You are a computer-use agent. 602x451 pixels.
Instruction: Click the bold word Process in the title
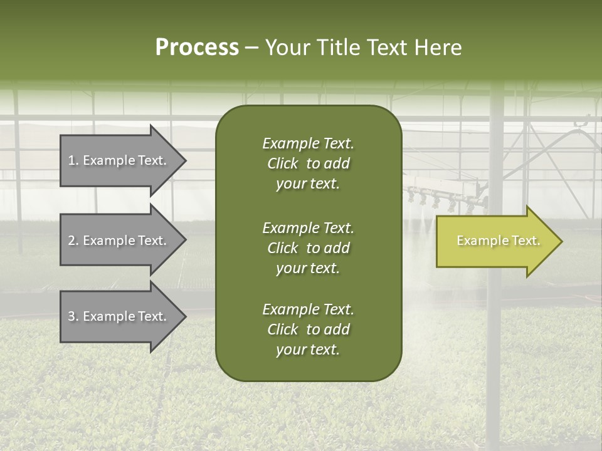(197, 48)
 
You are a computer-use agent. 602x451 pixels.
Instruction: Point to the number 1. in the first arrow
(73, 160)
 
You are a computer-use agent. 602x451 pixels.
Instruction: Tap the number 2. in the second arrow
(73, 241)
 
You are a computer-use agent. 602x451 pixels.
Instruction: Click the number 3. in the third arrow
(73, 316)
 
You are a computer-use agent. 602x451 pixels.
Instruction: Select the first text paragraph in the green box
(308, 163)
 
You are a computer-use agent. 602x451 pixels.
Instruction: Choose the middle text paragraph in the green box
(308, 247)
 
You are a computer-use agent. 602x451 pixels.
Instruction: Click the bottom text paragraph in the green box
(308, 329)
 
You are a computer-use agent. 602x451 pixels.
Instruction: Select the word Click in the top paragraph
(282, 163)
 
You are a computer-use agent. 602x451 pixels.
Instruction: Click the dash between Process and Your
(252, 48)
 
